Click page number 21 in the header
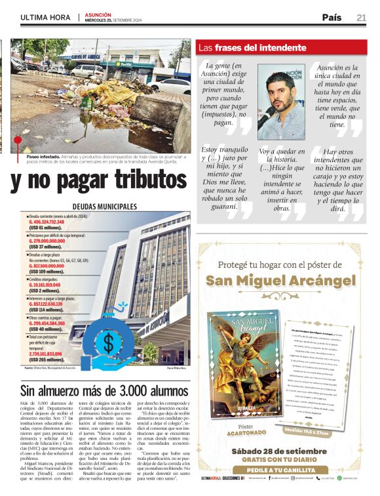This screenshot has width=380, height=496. point(361,18)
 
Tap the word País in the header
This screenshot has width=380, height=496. point(332,18)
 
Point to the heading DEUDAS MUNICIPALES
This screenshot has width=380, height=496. point(104,206)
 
